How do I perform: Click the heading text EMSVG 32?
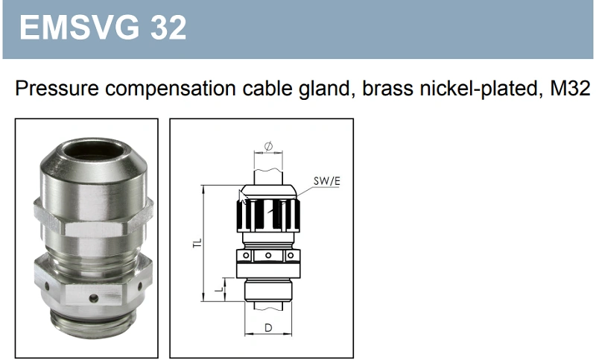pyautogui.click(x=102, y=28)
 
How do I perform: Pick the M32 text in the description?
pyautogui.click(x=571, y=89)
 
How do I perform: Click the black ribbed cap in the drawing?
pyautogui.click(x=268, y=212)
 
